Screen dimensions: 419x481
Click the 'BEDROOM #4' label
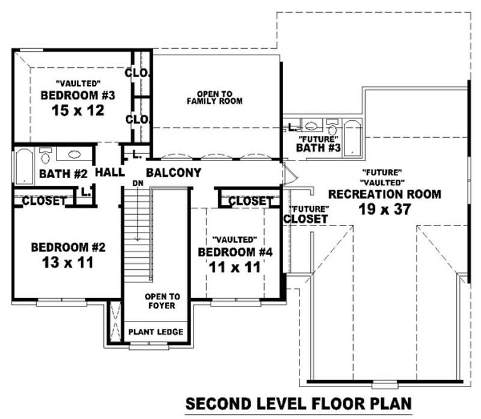click(x=236, y=252)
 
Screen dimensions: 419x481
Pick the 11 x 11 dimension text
click(x=235, y=267)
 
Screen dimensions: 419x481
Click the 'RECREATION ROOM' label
click(x=384, y=194)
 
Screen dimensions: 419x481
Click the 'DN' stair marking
click(x=138, y=183)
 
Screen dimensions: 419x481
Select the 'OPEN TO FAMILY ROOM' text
click(x=215, y=98)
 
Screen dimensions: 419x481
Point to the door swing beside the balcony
click(x=290, y=175)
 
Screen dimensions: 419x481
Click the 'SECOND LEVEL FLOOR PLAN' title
click(x=298, y=402)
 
